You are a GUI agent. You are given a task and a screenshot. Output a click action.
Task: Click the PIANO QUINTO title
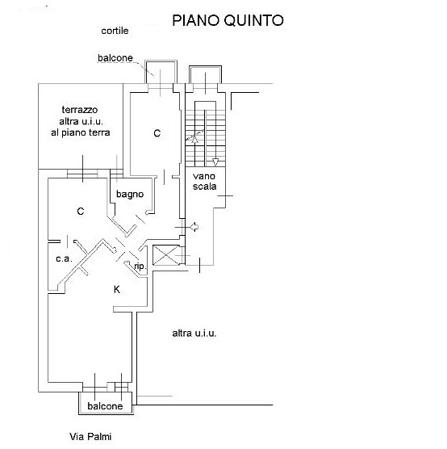pos(228,20)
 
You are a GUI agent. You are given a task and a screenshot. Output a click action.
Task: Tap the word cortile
pos(115,31)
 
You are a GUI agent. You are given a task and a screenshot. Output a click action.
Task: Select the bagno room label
pos(130,195)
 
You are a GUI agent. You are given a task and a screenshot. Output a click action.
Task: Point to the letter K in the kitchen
pos(117,289)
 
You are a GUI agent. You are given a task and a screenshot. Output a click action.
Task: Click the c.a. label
pos(64,259)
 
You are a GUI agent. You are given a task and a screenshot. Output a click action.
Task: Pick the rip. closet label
pos(140,266)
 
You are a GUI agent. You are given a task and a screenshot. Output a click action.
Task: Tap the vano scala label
pos(204,181)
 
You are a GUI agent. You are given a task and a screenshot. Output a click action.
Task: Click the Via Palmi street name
pos(90,437)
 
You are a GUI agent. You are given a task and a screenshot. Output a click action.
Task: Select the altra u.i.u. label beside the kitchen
pos(194,334)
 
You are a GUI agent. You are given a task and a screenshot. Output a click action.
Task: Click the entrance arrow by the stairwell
pos(194,227)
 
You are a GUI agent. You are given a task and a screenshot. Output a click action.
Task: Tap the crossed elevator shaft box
pos(167,255)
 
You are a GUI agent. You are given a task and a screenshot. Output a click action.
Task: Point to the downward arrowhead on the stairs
pos(215,162)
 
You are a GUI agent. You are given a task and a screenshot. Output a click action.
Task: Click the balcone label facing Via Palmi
pos(105,406)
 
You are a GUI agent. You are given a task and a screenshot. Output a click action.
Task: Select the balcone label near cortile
pos(115,58)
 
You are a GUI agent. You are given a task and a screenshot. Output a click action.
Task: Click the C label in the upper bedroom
pos(157,133)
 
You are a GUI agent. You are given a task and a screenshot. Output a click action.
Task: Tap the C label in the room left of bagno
pos(81,212)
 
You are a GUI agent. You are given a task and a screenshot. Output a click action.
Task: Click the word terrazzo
pos(80,110)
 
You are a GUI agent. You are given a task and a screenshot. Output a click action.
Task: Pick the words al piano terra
pos(81,132)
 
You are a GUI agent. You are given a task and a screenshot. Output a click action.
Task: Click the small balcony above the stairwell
pos(205,74)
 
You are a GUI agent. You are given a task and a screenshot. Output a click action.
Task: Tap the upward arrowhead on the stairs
pos(195,140)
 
